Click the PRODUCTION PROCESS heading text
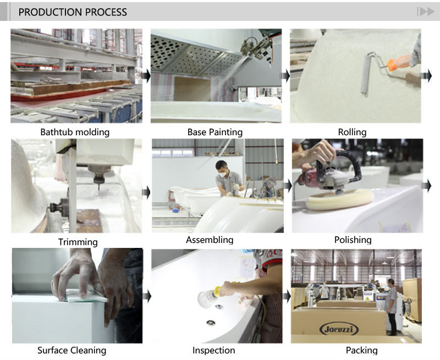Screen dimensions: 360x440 (73, 12)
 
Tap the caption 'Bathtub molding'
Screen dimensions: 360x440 (75, 132)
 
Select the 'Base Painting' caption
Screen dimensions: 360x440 (215, 132)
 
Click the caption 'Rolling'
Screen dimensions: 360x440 (352, 132)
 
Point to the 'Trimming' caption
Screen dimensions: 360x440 (78, 242)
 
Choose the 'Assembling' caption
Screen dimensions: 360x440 (210, 240)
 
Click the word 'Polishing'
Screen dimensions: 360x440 (353, 240)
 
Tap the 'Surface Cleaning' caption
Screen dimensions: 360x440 (71, 350)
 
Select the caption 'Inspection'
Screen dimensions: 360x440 (213, 350)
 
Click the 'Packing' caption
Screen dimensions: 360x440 (361, 350)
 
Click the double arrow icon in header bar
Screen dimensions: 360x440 (425, 12)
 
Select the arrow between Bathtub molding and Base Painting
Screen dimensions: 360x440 (146, 76)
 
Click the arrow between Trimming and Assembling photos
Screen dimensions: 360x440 (146, 192)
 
